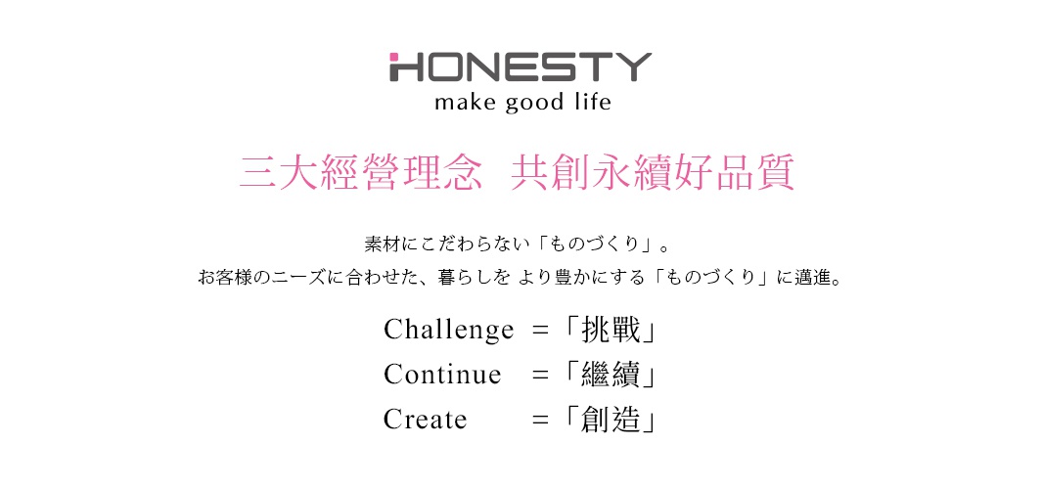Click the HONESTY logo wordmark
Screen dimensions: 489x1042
pos(520,66)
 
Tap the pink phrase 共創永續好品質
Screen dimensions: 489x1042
pos(652,172)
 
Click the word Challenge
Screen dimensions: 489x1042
pos(448,331)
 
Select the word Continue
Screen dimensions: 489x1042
pos(442,375)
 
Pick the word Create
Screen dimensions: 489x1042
pos(426,420)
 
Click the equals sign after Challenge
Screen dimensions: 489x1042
pos(540,331)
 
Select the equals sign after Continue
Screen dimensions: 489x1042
pos(540,375)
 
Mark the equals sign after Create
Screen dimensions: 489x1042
pos(540,420)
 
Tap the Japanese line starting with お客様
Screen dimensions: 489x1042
pos(520,278)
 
